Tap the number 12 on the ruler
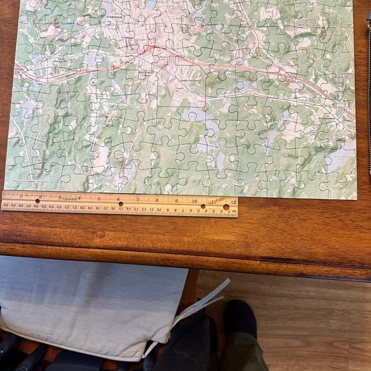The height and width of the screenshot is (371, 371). click(232, 202)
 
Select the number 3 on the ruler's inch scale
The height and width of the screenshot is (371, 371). click(59, 197)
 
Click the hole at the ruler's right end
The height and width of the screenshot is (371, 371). click(227, 207)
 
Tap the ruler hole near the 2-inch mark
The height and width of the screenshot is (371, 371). click(38, 201)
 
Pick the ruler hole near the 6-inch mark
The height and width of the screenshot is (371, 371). click(121, 203)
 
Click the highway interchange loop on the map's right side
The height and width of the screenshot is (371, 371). click(286, 76)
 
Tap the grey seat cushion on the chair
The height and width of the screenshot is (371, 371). click(87, 303)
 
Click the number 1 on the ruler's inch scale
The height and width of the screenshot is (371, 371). click(22, 195)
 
